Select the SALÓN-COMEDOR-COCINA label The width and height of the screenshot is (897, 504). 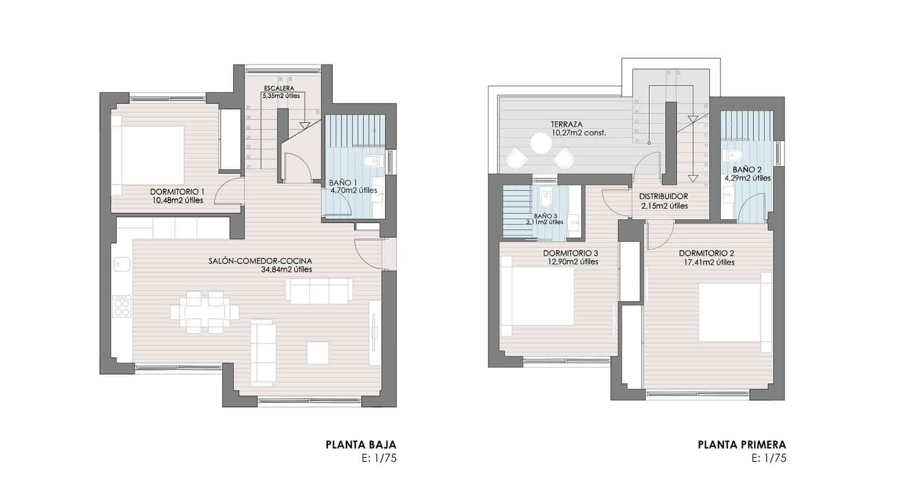[260, 261]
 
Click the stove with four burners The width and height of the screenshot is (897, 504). [122, 306]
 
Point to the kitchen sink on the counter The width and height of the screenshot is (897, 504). [122, 262]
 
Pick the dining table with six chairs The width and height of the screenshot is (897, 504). [205, 312]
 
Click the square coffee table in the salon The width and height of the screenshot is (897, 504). [318, 352]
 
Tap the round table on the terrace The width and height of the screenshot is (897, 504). [542, 143]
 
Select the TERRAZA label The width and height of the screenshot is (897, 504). [566, 124]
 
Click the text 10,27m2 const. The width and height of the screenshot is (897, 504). [579, 133]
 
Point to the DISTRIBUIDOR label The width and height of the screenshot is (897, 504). [664, 197]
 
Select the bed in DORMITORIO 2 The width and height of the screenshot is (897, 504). [734, 312]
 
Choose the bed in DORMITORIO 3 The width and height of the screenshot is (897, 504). [538, 295]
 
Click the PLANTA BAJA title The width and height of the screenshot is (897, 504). [360, 445]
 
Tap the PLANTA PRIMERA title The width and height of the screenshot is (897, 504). [742, 445]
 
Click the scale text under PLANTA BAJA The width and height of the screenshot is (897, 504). [379, 458]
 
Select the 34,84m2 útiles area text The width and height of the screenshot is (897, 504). [286, 270]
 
